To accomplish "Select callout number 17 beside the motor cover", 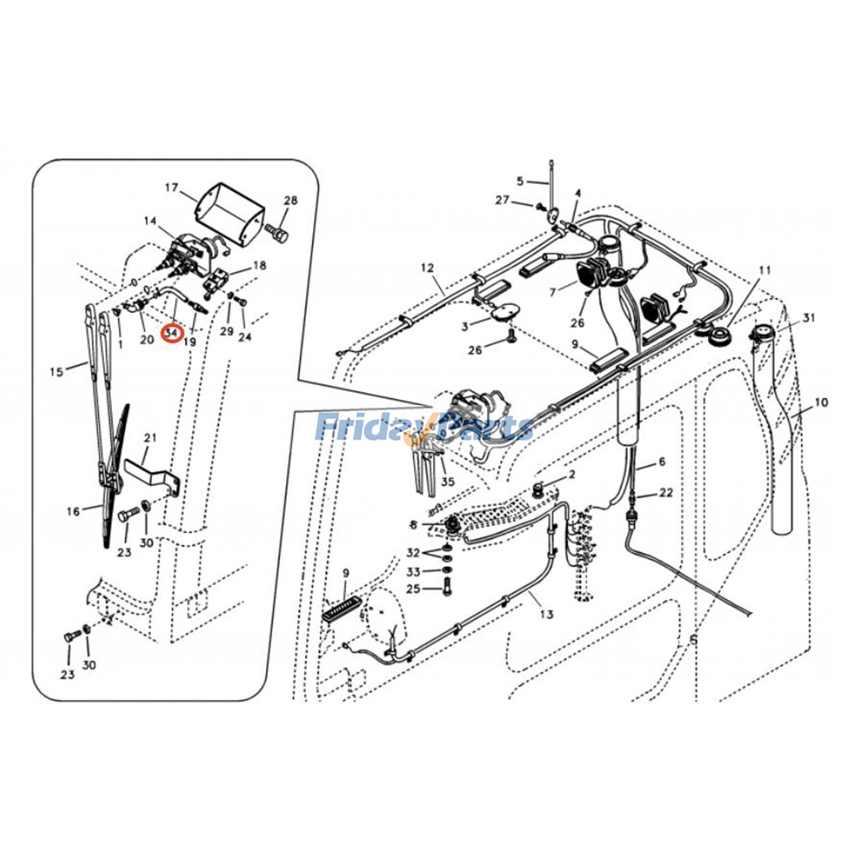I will click(x=171, y=188).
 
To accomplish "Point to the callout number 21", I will click(x=151, y=438).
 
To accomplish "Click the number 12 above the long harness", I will click(x=427, y=268).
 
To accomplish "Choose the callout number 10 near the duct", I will click(x=821, y=402).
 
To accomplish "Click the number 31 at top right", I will click(x=808, y=318).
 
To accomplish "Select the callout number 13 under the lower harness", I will click(x=546, y=614).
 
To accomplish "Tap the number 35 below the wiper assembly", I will click(x=448, y=482).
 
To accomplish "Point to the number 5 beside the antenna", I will click(x=520, y=181).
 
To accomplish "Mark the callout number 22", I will click(x=666, y=493).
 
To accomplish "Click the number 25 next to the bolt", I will click(x=413, y=589).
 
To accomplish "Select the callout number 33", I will click(x=413, y=572).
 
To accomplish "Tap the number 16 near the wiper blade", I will click(x=73, y=512).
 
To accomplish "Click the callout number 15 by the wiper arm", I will click(x=56, y=371).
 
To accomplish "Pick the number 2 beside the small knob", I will click(x=572, y=475).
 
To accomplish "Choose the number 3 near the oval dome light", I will click(x=465, y=326).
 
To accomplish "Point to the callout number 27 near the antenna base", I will click(x=502, y=200).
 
